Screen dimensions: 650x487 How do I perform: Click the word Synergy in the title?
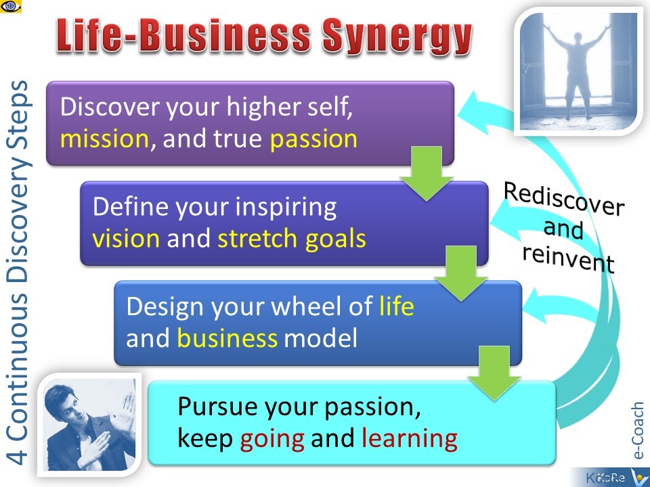(x=397, y=37)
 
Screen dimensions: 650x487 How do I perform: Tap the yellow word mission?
(x=104, y=139)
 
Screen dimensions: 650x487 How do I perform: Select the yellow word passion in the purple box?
(x=313, y=139)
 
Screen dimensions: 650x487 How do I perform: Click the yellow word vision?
(x=126, y=239)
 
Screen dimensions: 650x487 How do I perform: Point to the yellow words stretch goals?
(x=292, y=239)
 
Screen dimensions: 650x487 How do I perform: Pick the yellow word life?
(x=396, y=306)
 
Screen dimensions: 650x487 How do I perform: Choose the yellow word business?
(x=227, y=338)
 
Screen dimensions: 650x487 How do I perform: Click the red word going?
(x=272, y=439)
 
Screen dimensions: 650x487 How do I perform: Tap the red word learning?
(x=410, y=438)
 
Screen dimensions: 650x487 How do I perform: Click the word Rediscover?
(x=564, y=199)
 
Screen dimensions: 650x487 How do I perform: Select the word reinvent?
(x=568, y=258)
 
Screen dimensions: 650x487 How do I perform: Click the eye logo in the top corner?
(x=11, y=6)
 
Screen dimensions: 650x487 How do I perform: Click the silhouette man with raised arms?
(x=578, y=70)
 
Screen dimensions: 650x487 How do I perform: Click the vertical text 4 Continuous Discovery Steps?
(x=18, y=272)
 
